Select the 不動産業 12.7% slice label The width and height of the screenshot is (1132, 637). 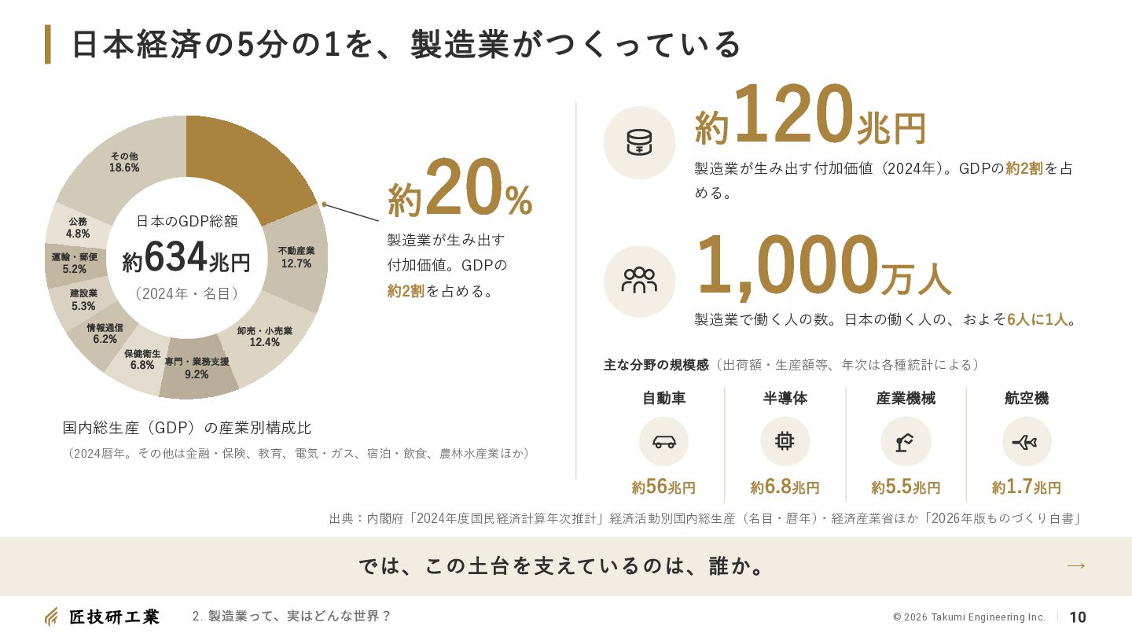point(296,257)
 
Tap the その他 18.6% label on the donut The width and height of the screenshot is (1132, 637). point(124,162)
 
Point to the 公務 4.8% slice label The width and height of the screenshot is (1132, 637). point(78,227)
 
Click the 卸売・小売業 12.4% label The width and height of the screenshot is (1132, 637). point(265,337)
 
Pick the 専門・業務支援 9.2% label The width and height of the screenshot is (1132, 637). point(197,368)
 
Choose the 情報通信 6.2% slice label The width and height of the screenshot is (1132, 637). point(105,333)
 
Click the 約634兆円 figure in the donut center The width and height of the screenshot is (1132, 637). point(186,258)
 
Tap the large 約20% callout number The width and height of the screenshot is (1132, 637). point(460,188)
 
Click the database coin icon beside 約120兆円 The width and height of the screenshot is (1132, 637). point(639,142)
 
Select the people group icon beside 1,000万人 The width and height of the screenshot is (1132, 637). point(639,281)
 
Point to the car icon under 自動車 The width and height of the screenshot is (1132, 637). point(663,442)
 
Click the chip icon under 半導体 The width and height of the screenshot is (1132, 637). point(785,441)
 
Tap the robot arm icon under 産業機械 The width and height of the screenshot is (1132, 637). point(905,442)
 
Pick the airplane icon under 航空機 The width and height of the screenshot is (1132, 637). point(1025,442)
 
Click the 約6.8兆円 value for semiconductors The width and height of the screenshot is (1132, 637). point(785,487)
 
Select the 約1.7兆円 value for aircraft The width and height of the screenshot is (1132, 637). point(1026,487)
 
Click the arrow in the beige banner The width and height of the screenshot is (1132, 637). point(1076,565)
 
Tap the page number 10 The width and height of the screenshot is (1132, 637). point(1078,617)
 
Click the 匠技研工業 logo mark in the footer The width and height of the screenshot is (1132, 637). point(51,617)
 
